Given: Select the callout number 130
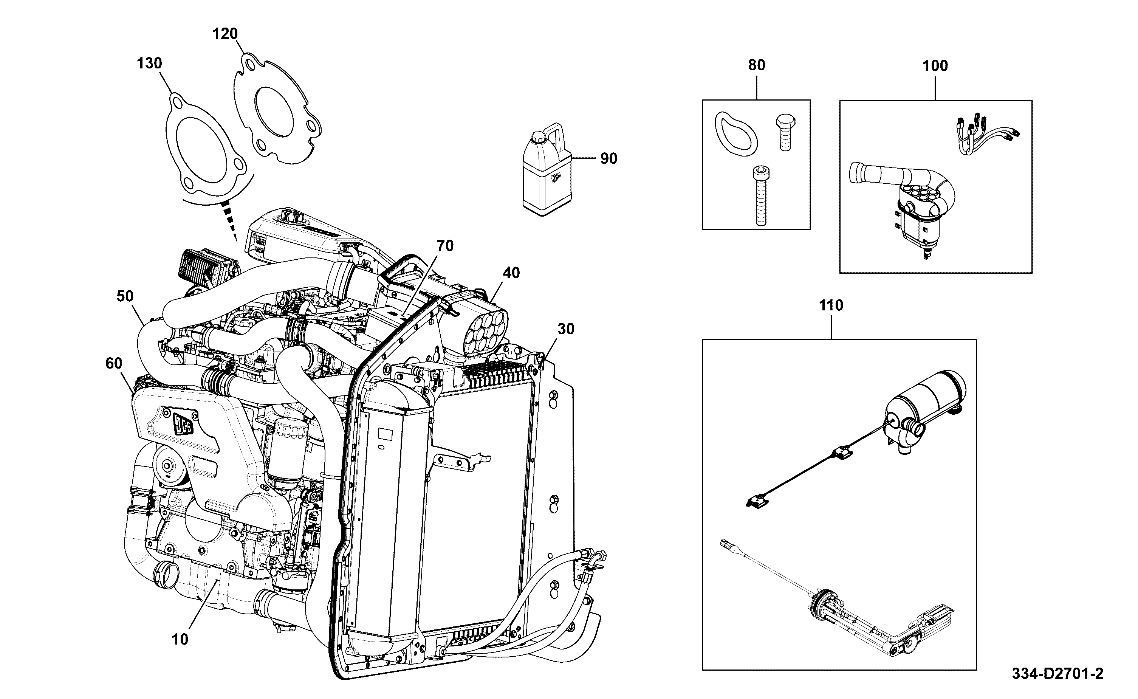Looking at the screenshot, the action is pyautogui.click(x=149, y=64).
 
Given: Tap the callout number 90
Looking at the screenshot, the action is pyautogui.click(x=608, y=158).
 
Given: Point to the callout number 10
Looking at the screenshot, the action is pyautogui.click(x=180, y=639).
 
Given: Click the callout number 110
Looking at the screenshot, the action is pyautogui.click(x=831, y=305).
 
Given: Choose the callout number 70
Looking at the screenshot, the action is pyautogui.click(x=445, y=246).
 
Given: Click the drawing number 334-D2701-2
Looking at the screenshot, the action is pyautogui.click(x=1057, y=674).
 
